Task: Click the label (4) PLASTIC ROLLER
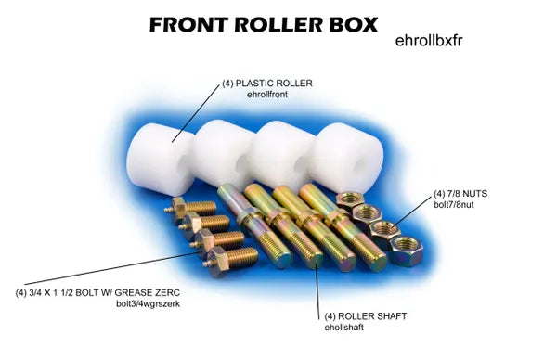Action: [x=266, y=84]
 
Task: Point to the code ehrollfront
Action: [x=269, y=95]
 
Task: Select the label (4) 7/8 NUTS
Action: [x=460, y=194]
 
